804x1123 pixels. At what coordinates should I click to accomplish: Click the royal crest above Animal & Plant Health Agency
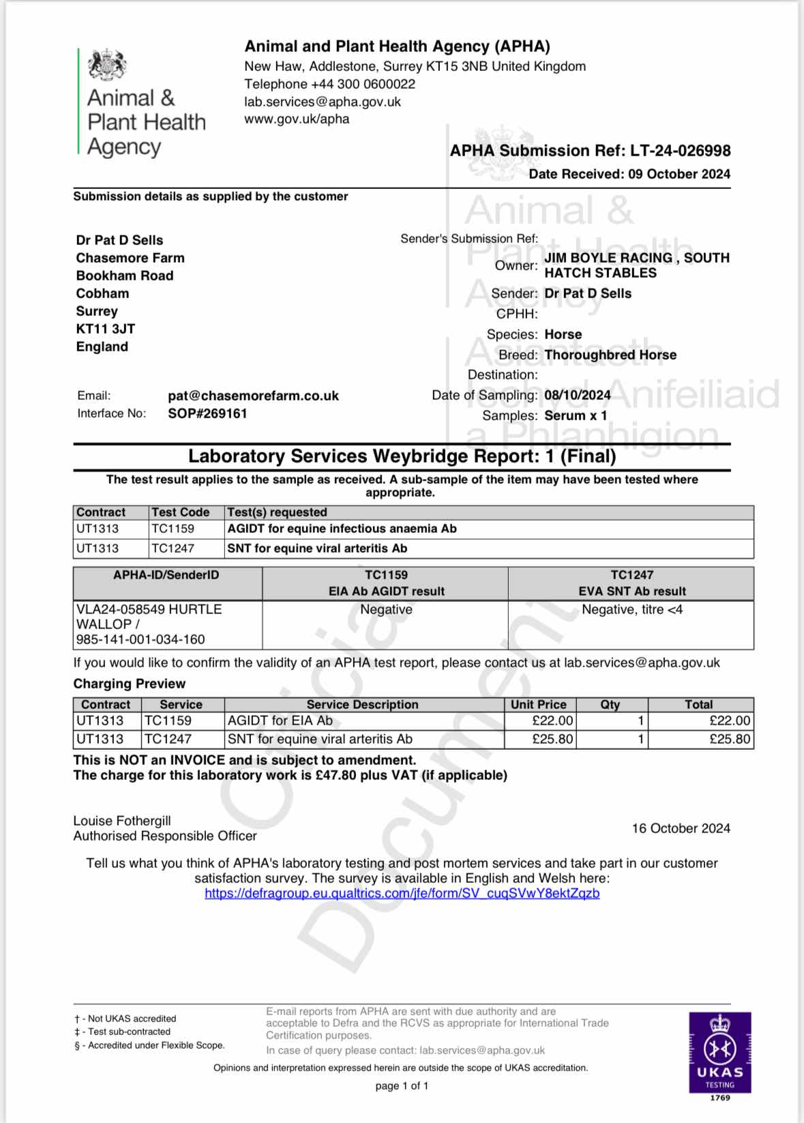tap(107, 65)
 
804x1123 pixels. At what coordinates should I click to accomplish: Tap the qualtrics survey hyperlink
tap(402, 893)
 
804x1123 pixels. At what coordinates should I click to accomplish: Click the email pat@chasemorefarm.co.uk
tap(253, 396)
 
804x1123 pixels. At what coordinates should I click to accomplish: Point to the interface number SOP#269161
tap(207, 413)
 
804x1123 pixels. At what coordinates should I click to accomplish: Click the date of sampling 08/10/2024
tap(577, 395)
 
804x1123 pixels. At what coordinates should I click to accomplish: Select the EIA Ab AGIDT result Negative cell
tap(386, 610)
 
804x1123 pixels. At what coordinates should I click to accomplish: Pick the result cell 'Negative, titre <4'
tap(631, 610)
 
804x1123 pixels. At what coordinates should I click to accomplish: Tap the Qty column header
tap(610, 705)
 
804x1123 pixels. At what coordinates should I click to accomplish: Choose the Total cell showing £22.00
tap(730, 720)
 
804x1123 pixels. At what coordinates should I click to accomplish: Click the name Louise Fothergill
tap(122, 821)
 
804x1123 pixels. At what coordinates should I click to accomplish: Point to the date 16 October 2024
tap(681, 828)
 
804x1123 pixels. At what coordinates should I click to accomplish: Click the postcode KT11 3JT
tap(106, 329)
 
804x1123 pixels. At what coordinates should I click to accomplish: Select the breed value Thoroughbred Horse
tap(610, 355)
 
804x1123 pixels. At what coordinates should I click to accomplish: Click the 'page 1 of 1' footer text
tap(402, 1086)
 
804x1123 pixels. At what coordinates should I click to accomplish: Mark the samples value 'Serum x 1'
tap(576, 415)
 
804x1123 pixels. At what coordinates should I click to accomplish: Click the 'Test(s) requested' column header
tap(277, 512)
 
